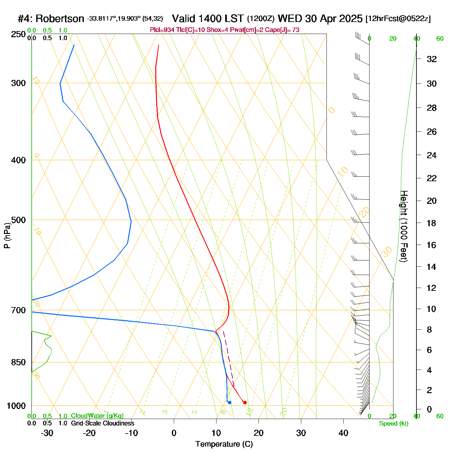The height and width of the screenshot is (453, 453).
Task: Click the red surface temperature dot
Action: click(245, 403)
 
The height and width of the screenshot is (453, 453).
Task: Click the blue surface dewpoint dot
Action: click(229, 403)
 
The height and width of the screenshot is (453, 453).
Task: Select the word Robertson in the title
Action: click(60, 19)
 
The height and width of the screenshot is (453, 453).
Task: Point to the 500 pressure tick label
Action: click(18, 220)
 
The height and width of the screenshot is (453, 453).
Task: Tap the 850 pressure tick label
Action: click(18, 362)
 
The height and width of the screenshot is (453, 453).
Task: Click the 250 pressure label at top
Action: click(18, 34)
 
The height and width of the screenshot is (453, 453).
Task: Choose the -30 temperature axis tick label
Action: click(47, 433)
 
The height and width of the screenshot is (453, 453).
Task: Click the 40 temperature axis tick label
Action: click(343, 433)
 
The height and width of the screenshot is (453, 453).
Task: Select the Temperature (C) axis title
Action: click(224, 444)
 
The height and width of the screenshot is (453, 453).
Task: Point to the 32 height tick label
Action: click(432, 59)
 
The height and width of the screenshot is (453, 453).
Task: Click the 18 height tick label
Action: click(432, 223)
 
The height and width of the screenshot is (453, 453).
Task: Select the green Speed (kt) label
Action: click(393, 424)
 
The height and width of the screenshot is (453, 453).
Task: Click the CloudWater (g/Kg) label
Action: click(97, 416)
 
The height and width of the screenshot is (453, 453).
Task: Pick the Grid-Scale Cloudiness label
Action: click(103, 423)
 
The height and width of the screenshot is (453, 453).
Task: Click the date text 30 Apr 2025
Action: click(334, 18)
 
